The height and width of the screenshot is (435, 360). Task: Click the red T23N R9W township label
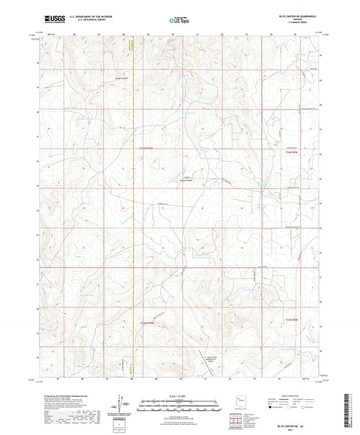[x=291, y=319]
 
